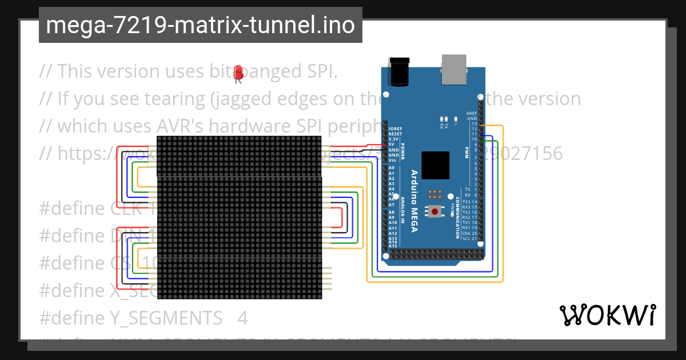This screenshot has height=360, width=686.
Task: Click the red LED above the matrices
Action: pos(239,73)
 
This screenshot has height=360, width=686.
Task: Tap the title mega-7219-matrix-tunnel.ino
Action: pos(200,25)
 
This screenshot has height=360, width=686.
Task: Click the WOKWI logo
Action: pos(607,315)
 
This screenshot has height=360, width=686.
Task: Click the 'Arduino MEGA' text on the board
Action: pos(414,200)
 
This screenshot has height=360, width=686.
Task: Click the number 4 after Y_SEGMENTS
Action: pos(242,318)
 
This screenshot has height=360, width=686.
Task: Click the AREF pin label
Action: pos(472,114)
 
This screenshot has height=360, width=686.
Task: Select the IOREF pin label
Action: pos(395,129)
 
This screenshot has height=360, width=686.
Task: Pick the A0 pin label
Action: pos(392,167)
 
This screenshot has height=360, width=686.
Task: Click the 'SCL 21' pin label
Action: pos(470,238)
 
